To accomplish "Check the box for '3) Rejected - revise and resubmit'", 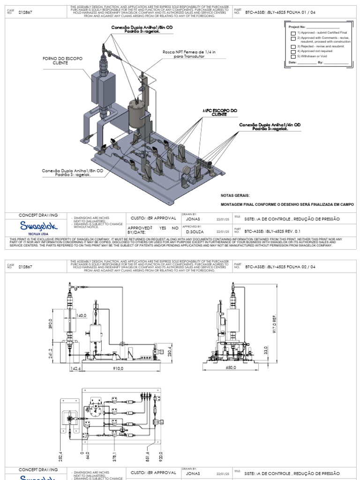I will point(293,46).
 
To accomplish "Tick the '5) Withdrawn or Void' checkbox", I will point(293,56).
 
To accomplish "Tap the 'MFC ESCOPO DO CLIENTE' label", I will point(220,112).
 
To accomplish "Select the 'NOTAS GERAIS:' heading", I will point(235,195).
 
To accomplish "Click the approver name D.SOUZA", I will point(194,232).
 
